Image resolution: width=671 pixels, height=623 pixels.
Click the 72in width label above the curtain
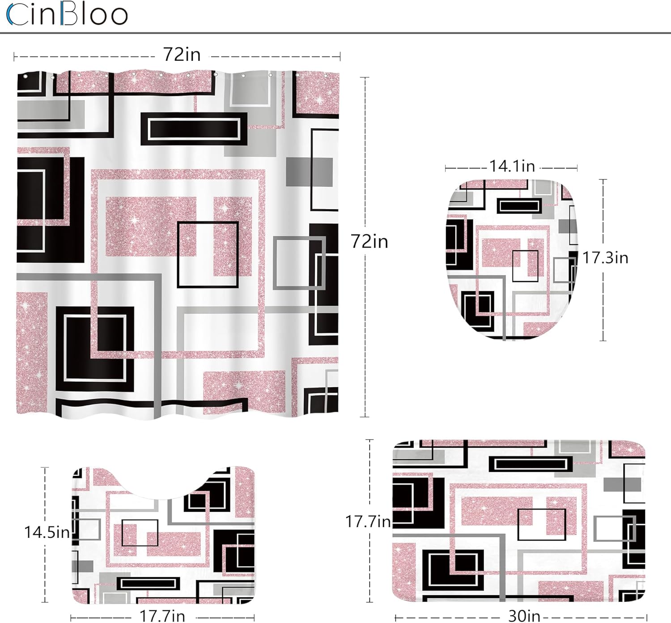(182, 55)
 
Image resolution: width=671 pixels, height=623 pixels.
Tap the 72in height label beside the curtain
(369, 242)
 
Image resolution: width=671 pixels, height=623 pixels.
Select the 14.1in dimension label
(512, 166)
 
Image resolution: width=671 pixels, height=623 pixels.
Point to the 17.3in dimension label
(605, 258)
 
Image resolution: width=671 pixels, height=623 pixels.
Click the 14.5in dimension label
(47, 532)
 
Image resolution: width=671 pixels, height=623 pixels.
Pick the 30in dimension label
(524, 616)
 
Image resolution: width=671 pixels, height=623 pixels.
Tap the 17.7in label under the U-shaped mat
(162, 616)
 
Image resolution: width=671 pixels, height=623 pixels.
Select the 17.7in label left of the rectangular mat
(368, 521)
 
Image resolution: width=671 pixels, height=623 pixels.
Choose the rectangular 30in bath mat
(519, 521)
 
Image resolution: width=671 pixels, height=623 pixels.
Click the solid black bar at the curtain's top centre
(194, 129)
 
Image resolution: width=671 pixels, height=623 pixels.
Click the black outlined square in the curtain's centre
(208, 254)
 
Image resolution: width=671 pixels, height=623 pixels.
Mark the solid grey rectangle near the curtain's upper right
(309, 171)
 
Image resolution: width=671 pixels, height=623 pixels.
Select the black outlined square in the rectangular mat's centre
(541, 525)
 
